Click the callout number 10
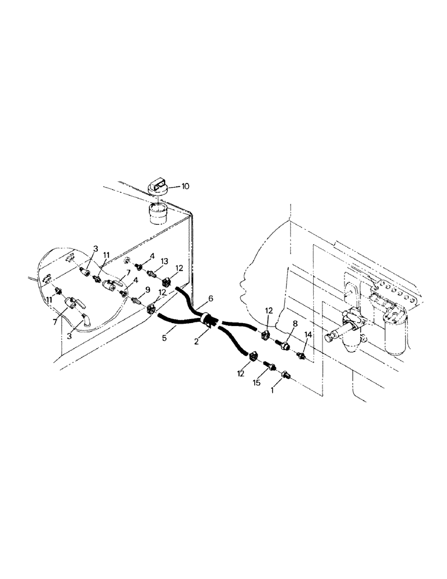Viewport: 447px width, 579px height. tap(185, 186)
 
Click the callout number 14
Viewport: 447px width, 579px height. tap(307, 335)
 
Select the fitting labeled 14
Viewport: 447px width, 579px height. tap(301, 354)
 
